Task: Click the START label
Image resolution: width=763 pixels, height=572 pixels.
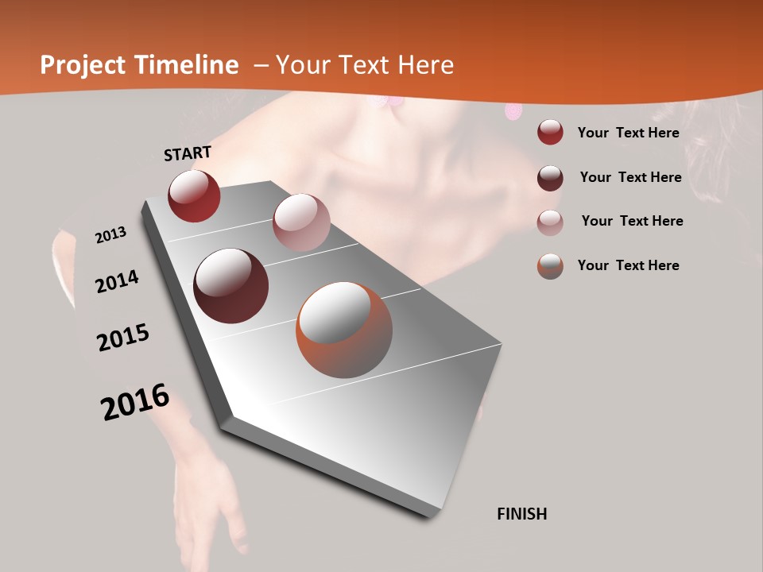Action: pyautogui.click(x=188, y=153)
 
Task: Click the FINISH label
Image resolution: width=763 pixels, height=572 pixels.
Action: pyautogui.click(x=521, y=514)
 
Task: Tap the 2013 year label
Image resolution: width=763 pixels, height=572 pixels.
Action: pyautogui.click(x=110, y=235)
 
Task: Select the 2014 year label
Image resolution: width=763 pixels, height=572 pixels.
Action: pyautogui.click(x=117, y=281)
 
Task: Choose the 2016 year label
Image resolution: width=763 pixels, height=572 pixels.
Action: pyautogui.click(x=135, y=402)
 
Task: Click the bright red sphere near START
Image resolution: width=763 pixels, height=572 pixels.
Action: pyautogui.click(x=194, y=195)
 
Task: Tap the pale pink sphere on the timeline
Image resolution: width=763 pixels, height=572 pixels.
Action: pyautogui.click(x=300, y=222)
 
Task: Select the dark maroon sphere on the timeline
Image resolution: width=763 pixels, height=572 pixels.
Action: pyautogui.click(x=231, y=286)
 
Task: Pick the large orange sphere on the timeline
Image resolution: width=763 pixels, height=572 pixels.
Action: pyautogui.click(x=344, y=330)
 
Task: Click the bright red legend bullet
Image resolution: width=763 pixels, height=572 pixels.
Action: pyautogui.click(x=550, y=133)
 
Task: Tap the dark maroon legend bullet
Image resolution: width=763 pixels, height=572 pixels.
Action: pyautogui.click(x=550, y=178)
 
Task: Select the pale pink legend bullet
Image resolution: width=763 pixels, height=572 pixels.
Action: pyautogui.click(x=550, y=222)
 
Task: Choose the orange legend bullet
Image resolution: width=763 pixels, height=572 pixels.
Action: pyautogui.click(x=550, y=266)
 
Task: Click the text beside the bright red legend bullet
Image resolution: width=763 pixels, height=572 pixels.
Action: pyautogui.click(x=628, y=133)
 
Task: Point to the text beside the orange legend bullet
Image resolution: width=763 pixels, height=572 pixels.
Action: pyautogui.click(x=628, y=265)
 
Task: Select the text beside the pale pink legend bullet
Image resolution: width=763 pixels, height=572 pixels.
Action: pyautogui.click(x=632, y=221)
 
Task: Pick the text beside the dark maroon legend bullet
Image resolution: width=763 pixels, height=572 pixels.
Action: pyautogui.click(x=630, y=177)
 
